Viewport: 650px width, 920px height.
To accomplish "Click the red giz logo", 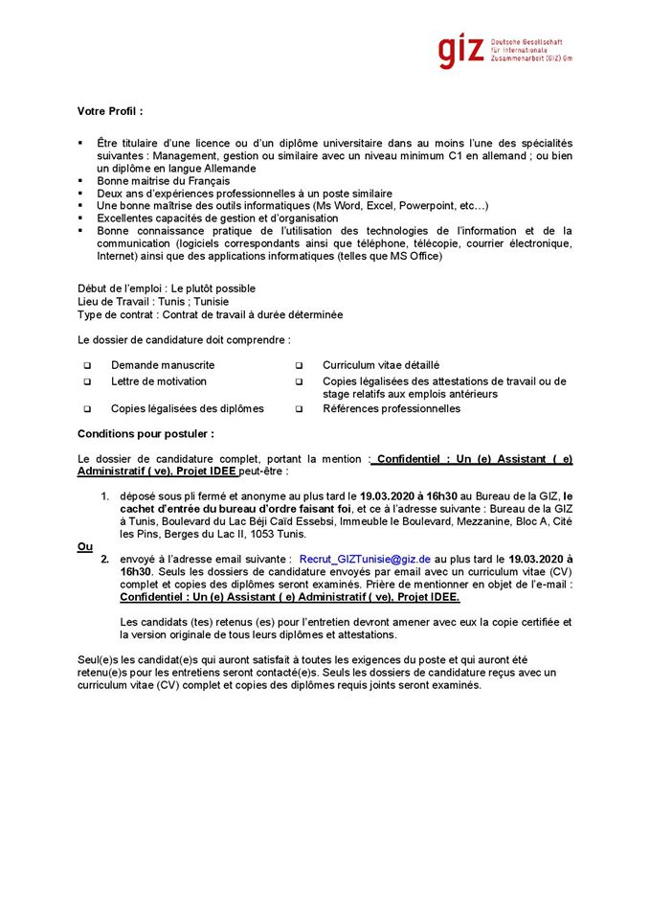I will click(x=461, y=50).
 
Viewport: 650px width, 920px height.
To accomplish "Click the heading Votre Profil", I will click(x=110, y=112).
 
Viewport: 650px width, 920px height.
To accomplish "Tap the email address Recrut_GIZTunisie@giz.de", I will click(x=365, y=557).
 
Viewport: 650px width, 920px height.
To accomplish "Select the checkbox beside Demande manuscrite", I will click(x=87, y=366).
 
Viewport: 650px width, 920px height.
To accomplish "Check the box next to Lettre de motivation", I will click(x=87, y=381).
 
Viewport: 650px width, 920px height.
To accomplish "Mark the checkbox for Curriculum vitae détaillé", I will click(x=299, y=366).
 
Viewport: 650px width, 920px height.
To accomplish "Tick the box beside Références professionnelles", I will click(x=299, y=409).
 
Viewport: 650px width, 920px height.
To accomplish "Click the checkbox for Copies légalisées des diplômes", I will click(x=87, y=409).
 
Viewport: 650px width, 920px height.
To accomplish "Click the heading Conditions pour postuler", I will click(x=146, y=434).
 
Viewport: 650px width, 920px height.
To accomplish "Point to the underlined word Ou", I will click(x=84, y=546).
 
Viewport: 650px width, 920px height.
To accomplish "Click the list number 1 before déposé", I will click(x=105, y=496).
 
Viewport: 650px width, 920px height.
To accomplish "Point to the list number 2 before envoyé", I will click(x=105, y=557).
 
